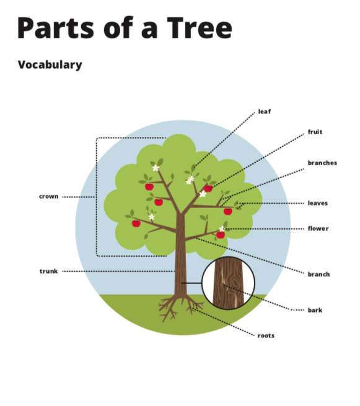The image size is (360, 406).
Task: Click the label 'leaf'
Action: (265, 111)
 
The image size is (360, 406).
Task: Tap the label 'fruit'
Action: (315, 132)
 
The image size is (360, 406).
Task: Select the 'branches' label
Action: (322, 163)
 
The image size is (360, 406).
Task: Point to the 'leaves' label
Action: (317, 203)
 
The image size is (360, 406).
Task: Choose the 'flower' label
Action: (318, 228)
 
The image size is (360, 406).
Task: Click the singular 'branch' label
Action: (318, 274)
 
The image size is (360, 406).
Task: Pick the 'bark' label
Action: (315, 310)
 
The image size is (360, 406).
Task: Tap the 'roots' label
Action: (266, 336)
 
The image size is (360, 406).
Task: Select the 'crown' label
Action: (49, 197)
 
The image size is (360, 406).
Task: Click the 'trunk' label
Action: (48, 271)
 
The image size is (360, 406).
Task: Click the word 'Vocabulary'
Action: (50, 65)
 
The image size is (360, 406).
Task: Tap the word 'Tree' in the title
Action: (200, 28)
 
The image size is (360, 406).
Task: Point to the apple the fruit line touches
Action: (208, 188)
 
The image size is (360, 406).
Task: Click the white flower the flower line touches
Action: (222, 228)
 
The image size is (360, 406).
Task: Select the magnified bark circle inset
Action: (228, 283)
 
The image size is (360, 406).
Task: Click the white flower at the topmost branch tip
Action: (156, 168)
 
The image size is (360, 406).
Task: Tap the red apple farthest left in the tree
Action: (136, 223)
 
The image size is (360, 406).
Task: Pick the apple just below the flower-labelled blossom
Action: (221, 235)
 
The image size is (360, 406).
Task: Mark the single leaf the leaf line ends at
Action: (193, 168)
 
